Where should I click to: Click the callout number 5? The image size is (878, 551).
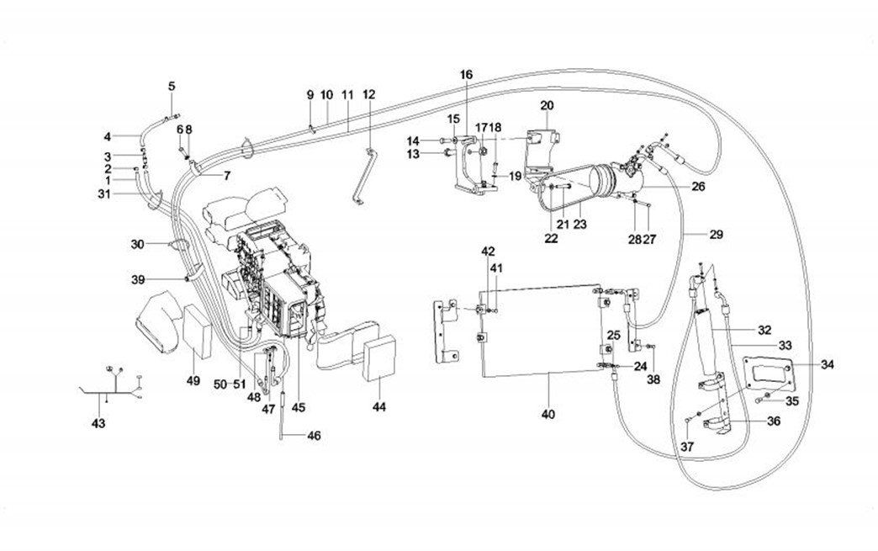tap(172, 86)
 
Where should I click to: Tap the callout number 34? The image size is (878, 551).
tap(828, 364)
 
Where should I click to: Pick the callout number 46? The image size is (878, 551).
tap(314, 436)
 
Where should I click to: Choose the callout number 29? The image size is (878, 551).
tap(717, 234)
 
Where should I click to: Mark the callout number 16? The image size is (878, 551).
tap(467, 75)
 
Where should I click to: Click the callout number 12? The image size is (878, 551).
tap(368, 94)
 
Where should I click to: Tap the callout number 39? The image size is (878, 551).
tap(137, 278)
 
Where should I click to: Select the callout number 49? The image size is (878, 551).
tap(193, 381)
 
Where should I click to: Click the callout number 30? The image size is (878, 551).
tap(137, 244)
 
